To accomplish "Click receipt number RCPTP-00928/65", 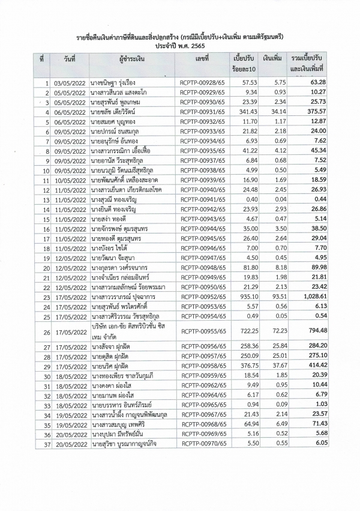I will point(202,82).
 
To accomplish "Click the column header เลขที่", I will point(202,59).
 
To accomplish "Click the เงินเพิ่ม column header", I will point(273,59).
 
